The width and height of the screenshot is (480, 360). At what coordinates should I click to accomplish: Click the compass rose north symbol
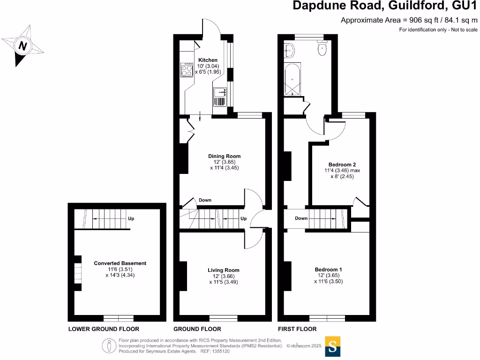pyautogui.click(x=22, y=46)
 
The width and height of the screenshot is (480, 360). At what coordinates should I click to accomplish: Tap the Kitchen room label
pyautogui.click(x=208, y=60)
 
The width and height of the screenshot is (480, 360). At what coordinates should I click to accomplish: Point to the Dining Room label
pyautogui.click(x=224, y=156)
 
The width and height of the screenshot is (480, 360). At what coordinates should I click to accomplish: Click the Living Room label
pyautogui.click(x=224, y=270)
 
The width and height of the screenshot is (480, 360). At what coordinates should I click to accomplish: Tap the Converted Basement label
pyautogui.click(x=120, y=263)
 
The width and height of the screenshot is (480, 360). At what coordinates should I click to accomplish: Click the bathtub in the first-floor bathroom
pyautogui.click(x=293, y=80)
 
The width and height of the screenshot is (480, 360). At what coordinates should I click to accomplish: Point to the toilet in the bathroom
pyautogui.click(x=322, y=48)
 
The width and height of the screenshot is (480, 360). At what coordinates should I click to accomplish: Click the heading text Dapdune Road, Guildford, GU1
pyautogui.click(x=386, y=6)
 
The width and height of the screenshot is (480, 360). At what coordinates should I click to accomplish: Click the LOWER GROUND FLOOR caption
pyautogui.click(x=104, y=329)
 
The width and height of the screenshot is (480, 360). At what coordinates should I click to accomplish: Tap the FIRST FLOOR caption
pyautogui.click(x=297, y=329)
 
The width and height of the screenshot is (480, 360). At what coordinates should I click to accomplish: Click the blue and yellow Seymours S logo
pyautogui.click(x=332, y=346)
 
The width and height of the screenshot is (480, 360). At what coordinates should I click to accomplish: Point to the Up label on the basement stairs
pyautogui.click(x=132, y=218)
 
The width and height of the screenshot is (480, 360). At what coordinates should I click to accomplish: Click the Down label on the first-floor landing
pyautogui.click(x=301, y=218)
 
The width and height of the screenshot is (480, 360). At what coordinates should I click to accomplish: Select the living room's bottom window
pyautogui.click(x=223, y=318)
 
